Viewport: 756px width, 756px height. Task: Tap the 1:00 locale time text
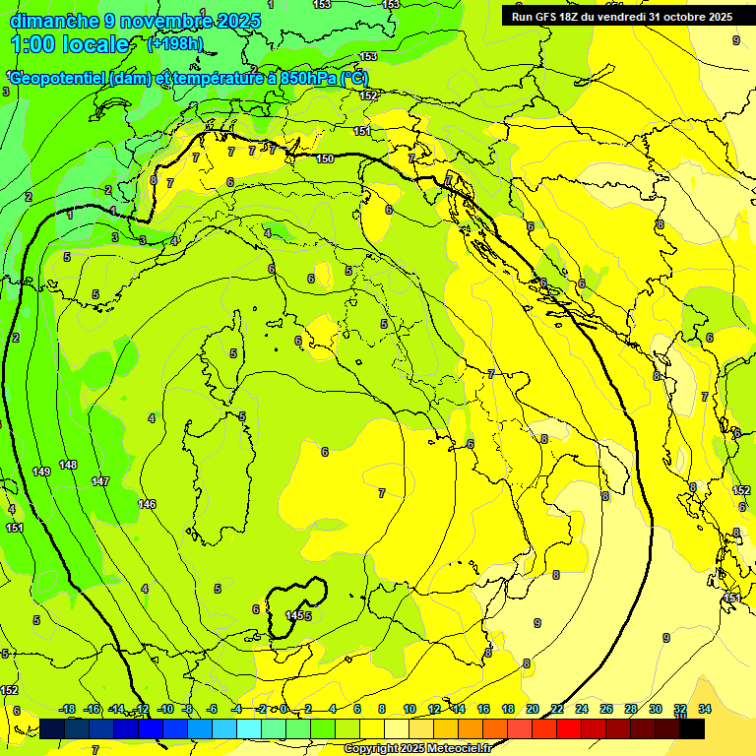[70, 44]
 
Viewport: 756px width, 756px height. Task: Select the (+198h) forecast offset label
[174, 44]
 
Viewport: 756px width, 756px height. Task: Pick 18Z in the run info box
[570, 17]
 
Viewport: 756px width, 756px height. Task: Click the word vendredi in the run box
[622, 17]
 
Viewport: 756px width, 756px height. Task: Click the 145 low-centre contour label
[294, 615]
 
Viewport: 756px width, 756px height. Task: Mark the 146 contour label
[147, 504]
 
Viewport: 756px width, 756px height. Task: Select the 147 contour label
[100, 481]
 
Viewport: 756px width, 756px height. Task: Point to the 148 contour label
[68, 465]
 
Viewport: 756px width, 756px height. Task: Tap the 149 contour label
[41, 472]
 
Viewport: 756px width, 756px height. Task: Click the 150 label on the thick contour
[325, 158]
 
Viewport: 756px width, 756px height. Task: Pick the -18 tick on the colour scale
[68, 709]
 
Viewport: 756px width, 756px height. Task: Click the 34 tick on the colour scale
[705, 709]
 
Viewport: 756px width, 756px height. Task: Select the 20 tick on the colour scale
[533, 709]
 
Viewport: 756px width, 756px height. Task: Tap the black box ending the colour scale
[692, 728]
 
